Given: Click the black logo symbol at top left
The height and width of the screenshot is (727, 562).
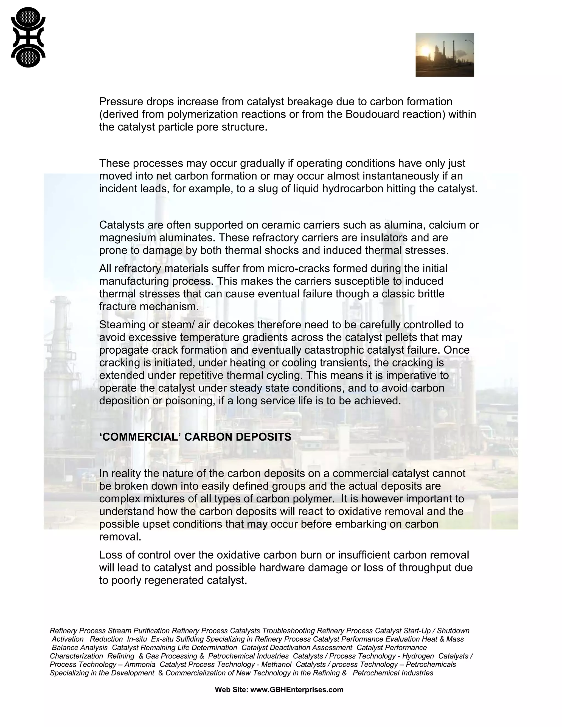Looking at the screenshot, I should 28,37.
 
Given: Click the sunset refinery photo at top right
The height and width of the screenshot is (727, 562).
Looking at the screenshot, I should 445,55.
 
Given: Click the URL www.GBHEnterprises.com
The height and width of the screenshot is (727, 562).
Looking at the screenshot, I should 296,690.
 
